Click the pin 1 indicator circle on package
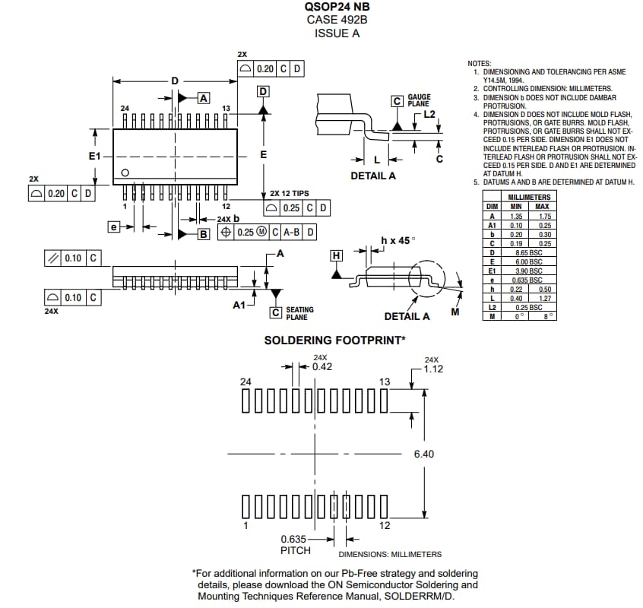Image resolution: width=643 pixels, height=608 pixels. tap(126, 173)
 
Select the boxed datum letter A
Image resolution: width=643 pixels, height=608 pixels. tap(203, 97)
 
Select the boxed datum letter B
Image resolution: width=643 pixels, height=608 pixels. tap(203, 234)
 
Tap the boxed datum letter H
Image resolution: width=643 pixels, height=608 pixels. tap(336, 255)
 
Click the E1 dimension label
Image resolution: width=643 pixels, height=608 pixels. tap(95, 155)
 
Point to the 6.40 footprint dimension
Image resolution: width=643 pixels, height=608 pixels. tap(424, 454)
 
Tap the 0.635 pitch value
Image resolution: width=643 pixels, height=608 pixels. tap(293, 539)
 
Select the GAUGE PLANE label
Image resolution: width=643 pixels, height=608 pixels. tap(419, 100)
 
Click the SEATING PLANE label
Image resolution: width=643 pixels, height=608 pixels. tap(299, 313)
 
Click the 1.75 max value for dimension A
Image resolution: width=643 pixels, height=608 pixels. tap(542, 216)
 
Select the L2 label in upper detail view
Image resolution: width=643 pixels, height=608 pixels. tap(429, 113)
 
